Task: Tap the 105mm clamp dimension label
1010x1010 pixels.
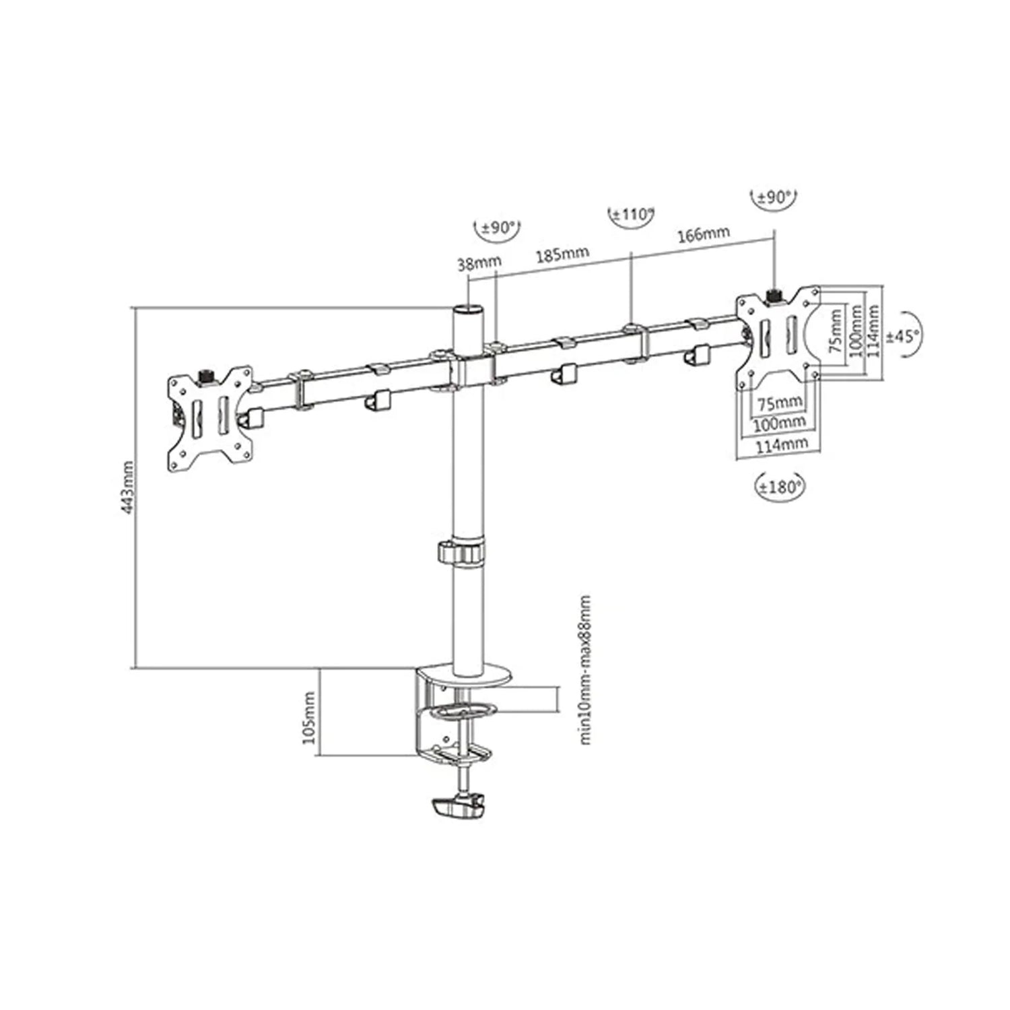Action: pos(309,716)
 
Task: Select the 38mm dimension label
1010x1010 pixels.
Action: pos(475,264)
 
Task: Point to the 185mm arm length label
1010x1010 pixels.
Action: pos(562,254)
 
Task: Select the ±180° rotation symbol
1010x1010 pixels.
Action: pos(780,487)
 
